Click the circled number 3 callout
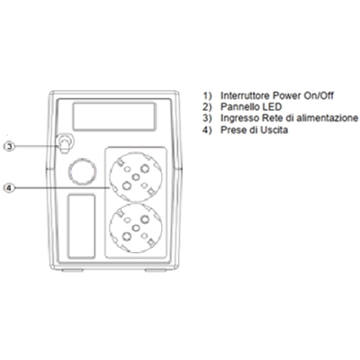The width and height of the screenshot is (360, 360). (x=10, y=146)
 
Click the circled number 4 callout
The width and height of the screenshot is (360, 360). (x=10, y=188)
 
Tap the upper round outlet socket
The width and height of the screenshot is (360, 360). (x=136, y=176)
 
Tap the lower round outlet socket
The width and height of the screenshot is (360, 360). (x=136, y=229)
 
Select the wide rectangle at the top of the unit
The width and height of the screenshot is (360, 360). (x=114, y=116)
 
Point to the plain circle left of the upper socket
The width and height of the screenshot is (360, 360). (x=83, y=171)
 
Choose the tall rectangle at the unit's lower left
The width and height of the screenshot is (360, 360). (x=82, y=227)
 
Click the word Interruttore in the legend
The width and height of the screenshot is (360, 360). (x=245, y=95)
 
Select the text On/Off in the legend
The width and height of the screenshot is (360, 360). (x=319, y=95)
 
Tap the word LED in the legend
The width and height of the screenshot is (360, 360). (x=272, y=107)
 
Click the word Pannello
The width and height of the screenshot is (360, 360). (x=239, y=107)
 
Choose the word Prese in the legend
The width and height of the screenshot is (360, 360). (x=233, y=130)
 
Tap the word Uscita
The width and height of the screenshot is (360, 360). (x=274, y=130)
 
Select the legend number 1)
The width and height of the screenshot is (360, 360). (x=207, y=95)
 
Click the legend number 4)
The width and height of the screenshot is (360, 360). (x=207, y=130)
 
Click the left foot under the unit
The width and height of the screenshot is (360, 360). (x=72, y=270)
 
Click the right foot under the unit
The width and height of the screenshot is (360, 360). (x=156, y=270)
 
